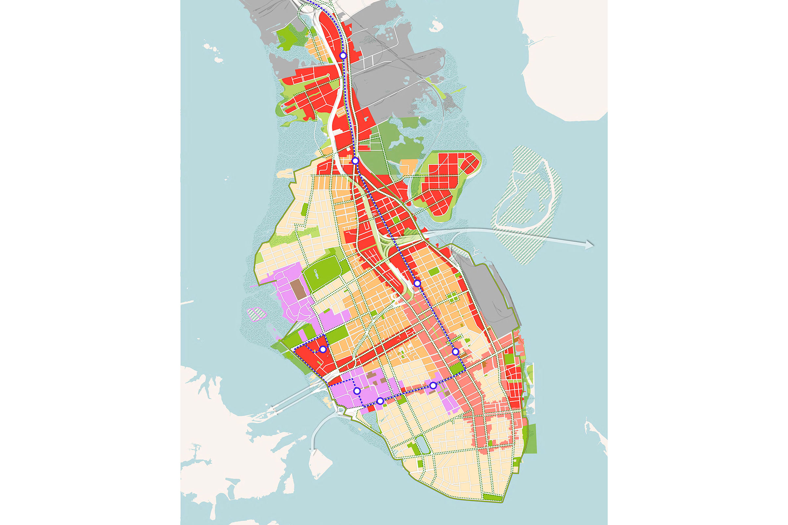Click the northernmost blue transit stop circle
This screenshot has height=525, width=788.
(x=343, y=55)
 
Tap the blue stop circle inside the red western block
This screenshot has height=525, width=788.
(x=323, y=349)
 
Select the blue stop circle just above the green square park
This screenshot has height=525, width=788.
(x=455, y=351)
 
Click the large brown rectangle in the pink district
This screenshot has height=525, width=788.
(x=297, y=290)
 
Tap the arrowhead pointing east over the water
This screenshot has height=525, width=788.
(x=590, y=245)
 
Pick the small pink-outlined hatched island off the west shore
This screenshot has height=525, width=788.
(x=256, y=314)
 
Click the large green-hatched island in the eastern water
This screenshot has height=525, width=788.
(x=526, y=204)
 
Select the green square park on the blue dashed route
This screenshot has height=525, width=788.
(x=456, y=369)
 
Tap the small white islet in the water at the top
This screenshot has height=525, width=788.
(x=435, y=26)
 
